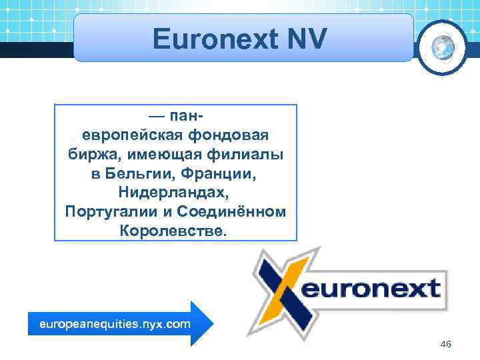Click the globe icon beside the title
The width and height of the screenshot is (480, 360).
[x=442, y=45]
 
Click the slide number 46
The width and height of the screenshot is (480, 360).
[x=447, y=344]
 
